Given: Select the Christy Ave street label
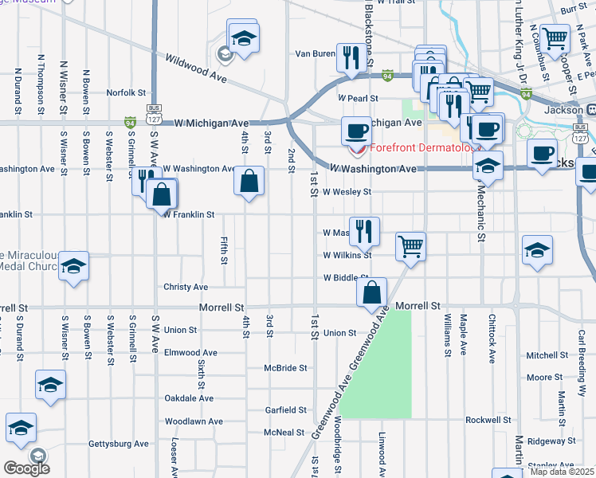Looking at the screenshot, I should coord(186,287).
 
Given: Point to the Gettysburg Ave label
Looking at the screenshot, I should coord(119,444).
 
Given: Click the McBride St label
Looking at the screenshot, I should coord(286,368).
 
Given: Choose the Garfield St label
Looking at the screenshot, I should coord(286,410).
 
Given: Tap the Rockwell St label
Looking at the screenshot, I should coord(488,420).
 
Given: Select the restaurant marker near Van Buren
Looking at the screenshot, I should coord(349,57).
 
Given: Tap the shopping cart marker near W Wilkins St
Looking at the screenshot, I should coord(410,245).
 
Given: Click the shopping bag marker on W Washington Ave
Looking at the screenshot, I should coord(249,180).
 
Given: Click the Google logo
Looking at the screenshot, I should coord(26,468).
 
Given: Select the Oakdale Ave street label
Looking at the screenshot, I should coord(189,398).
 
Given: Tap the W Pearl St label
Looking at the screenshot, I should coord(357,98).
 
